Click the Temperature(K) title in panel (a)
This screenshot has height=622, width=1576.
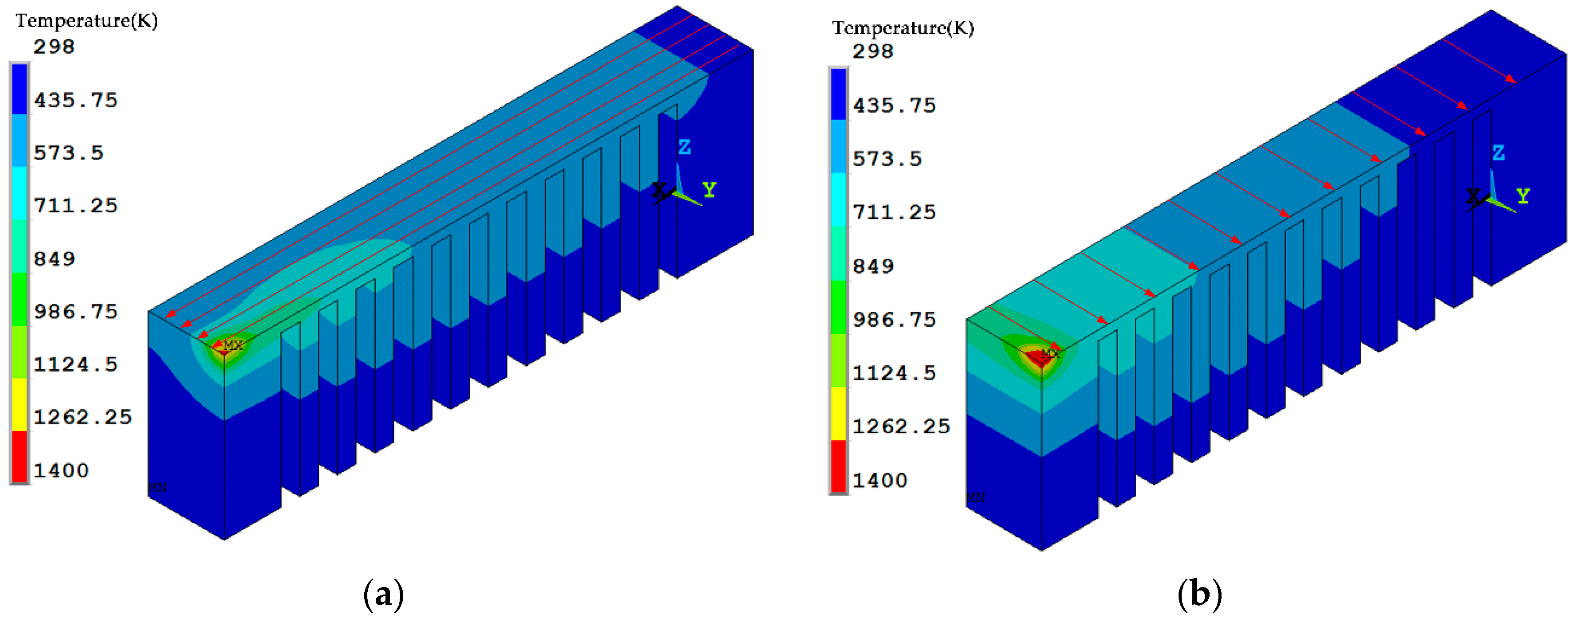[x=86, y=21]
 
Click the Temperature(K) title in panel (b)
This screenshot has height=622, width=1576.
[x=903, y=27]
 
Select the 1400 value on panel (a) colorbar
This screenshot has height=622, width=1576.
[x=61, y=470]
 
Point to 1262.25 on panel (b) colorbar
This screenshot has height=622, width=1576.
[x=901, y=426]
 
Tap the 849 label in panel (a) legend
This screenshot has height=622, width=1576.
[x=54, y=259]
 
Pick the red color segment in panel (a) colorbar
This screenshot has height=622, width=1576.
[x=19, y=456]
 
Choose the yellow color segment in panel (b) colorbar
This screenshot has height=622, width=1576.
[x=838, y=414]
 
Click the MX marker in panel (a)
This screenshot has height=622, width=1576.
[x=233, y=346]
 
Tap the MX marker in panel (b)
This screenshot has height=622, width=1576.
[x=1050, y=354]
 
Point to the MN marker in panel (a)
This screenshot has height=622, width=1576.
[x=157, y=487]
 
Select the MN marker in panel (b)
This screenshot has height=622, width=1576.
[x=975, y=497]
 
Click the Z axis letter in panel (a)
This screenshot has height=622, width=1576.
[x=684, y=147]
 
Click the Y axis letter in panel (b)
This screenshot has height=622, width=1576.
[x=1523, y=196]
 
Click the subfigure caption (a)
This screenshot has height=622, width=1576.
[x=384, y=594]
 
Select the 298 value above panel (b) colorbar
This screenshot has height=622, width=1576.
[x=872, y=51]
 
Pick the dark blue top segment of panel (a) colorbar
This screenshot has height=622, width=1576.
[x=19, y=89]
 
